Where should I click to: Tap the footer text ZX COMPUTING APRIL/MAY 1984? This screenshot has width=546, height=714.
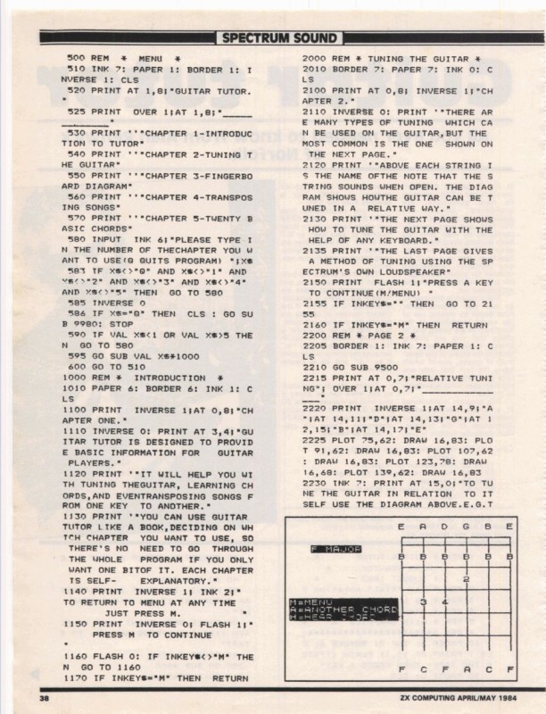click(447, 697)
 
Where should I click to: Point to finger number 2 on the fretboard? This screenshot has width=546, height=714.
click(467, 580)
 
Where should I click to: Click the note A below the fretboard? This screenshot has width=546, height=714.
click(466, 668)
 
